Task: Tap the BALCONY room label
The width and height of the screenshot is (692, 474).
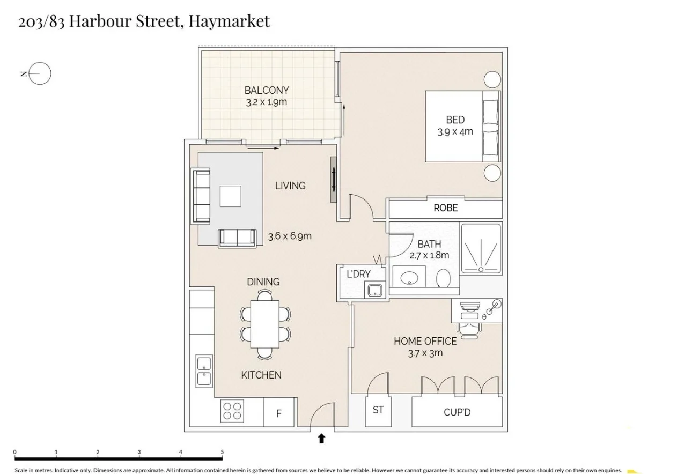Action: (x=267, y=90)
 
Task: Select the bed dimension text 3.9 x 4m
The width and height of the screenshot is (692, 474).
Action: (x=455, y=132)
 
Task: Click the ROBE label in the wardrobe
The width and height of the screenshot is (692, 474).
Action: (x=445, y=208)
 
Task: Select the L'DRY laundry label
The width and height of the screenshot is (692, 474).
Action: (x=358, y=274)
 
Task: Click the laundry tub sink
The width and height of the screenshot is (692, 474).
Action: (x=374, y=291)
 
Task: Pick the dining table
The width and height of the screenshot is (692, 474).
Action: (x=266, y=324)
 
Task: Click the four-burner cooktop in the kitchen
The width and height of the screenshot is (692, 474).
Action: (x=232, y=411)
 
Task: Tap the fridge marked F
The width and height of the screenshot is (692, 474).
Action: (x=278, y=413)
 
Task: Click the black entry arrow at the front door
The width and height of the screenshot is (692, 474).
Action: (x=321, y=439)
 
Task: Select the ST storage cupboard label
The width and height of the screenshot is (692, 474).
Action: (x=378, y=410)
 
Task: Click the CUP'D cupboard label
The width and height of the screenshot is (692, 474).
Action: (x=457, y=413)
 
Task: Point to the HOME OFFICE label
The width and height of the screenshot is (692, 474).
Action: (x=425, y=341)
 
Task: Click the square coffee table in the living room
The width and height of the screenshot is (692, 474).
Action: (x=231, y=196)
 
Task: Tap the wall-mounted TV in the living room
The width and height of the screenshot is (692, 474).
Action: (x=334, y=179)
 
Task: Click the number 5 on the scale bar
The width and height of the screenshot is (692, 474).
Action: (x=222, y=453)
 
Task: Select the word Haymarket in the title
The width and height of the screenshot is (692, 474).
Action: (x=229, y=21)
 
